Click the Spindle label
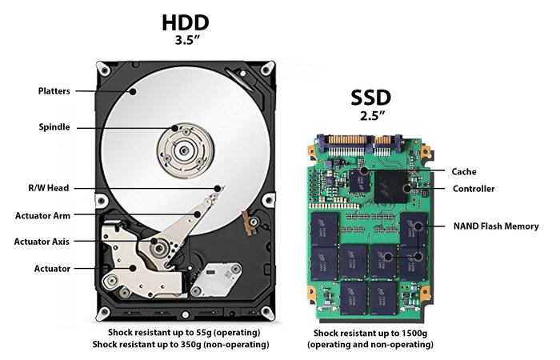coord(54,126)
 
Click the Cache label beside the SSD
coord(465,171)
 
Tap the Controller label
coord(474,189)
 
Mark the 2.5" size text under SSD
coord(370,116)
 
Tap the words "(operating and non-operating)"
coord(370,345)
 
